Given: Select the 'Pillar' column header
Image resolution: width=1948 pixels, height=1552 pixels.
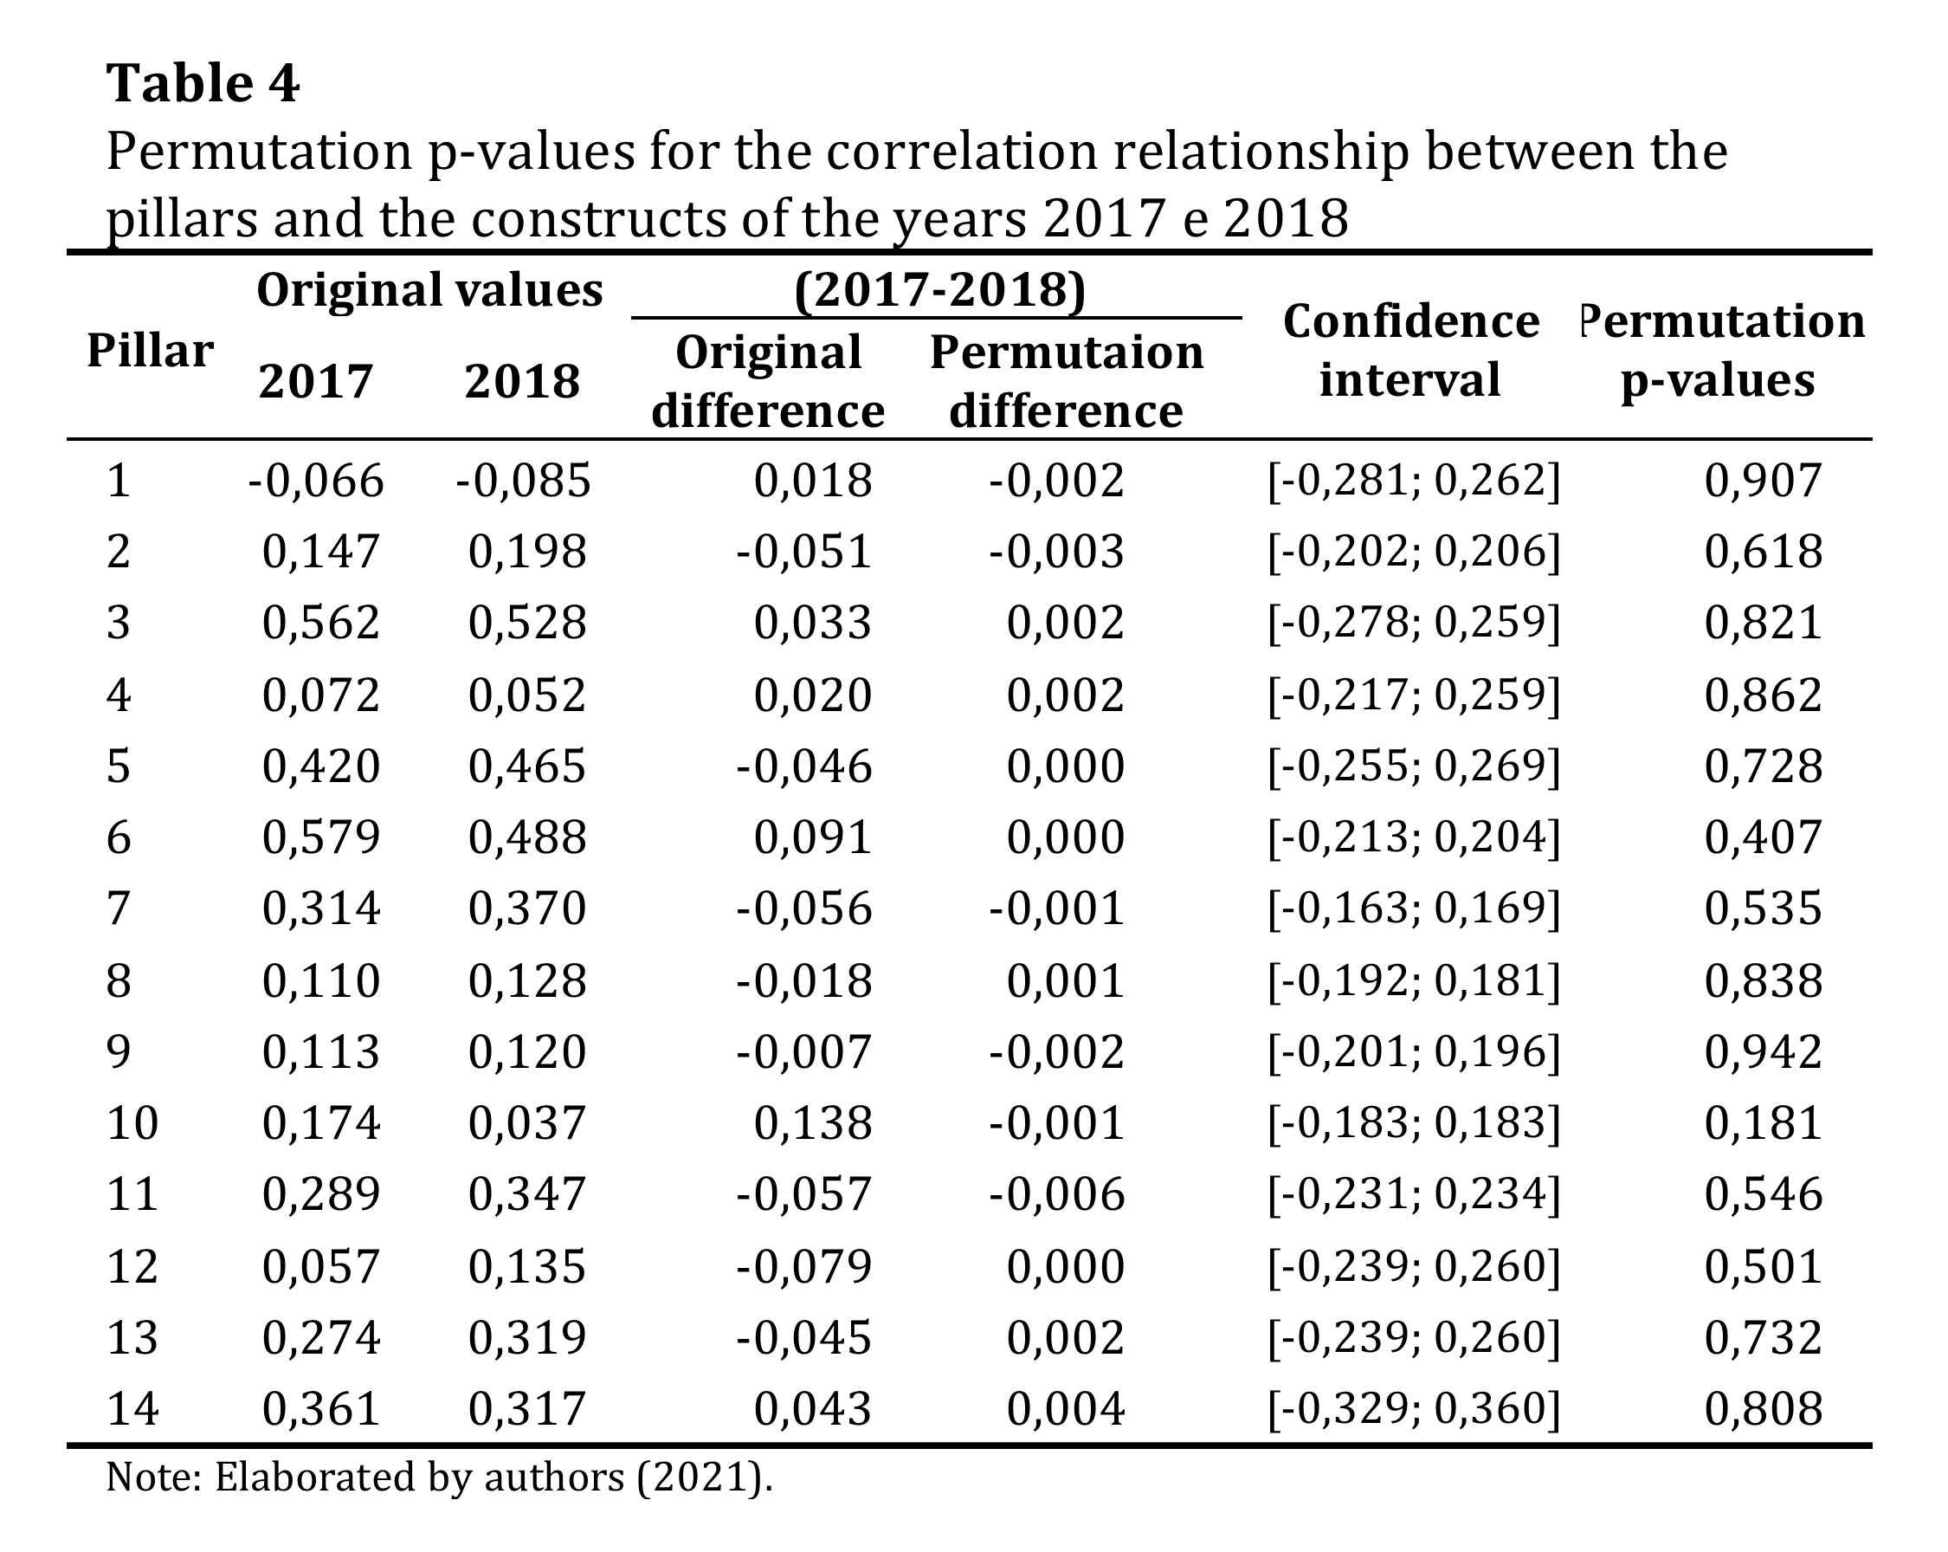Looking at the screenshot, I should [x=150, y=351].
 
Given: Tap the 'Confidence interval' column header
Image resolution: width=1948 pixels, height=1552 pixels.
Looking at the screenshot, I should [x=1410, y=351].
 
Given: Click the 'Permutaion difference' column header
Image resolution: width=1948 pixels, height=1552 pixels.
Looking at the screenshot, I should [x=1066, y=381].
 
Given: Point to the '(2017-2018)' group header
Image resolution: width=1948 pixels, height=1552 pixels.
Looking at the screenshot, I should [x=939, y=290].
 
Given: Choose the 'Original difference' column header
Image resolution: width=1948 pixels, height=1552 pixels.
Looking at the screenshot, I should [x=768, y=381].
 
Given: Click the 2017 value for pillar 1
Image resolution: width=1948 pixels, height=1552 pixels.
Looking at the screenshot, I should [x=316, y=480].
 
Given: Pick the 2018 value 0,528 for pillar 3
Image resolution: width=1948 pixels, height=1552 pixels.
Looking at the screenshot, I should [x=526, y=623].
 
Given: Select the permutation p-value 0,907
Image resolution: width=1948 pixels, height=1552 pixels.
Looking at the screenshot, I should [x=1763, y=480].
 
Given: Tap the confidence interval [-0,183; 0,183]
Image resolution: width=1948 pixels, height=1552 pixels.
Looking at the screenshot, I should [x=1414, y=1122].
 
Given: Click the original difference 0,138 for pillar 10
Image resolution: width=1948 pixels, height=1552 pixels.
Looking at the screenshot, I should [x=812, y=1122].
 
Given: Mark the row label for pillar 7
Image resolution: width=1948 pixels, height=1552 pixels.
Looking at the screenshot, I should [x=119, y=909].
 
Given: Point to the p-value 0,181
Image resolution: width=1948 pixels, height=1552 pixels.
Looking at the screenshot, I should [x=1763, y=1122].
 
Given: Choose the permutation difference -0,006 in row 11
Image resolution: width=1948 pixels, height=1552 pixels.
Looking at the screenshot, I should [x=1056, y=1194].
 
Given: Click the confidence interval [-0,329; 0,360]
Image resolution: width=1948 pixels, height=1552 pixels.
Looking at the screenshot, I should [x=1414, y=1408].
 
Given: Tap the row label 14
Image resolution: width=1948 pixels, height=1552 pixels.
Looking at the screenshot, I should [x=132, y=1408].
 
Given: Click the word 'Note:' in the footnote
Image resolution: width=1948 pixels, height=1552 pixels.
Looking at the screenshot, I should [x=152, y=1477].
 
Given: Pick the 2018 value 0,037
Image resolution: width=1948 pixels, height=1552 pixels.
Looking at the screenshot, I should [x=526, y=1122].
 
